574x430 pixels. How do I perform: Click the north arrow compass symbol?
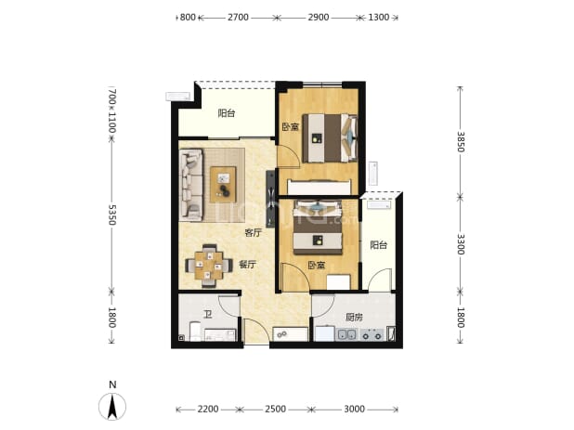112,406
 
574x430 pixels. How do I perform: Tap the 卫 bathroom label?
208,314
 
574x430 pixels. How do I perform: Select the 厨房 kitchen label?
354,317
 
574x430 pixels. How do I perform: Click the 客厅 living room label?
254,232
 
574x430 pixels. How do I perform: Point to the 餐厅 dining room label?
247,264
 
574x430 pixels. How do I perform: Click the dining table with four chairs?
209,266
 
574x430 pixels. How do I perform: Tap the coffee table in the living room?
223,185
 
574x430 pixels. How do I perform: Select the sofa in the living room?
190,185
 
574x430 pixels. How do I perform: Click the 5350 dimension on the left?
112,215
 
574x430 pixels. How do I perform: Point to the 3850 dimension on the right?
461,142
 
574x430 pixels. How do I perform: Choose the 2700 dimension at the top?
238,18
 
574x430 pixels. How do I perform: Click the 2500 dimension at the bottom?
275,409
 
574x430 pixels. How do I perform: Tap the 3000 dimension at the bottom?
355,409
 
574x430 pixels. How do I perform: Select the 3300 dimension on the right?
461,244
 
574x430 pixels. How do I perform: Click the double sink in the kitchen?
346,335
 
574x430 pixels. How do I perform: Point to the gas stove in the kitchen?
372,335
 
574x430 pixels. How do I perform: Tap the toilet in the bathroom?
194,331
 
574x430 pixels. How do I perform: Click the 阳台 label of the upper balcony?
227,113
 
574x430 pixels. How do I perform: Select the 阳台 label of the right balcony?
379,244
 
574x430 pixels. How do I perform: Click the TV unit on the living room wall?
270,199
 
